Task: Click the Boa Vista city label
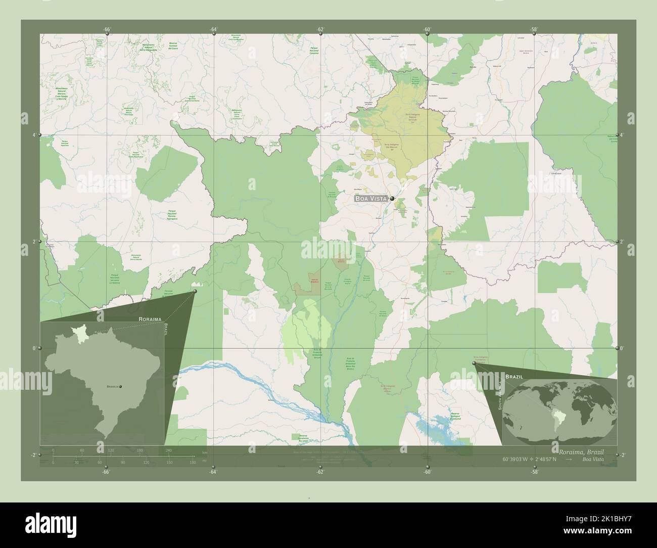370,199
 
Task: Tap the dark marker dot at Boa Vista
392,199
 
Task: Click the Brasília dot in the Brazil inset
120,386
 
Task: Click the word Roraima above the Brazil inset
150,319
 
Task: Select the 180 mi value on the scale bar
193,462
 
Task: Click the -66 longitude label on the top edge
106,29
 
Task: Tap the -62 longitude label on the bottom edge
320,472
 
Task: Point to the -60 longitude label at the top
428,29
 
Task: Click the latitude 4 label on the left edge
34,135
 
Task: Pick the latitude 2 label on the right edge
623,242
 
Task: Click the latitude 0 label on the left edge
34,348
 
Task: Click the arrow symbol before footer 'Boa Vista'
569,459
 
